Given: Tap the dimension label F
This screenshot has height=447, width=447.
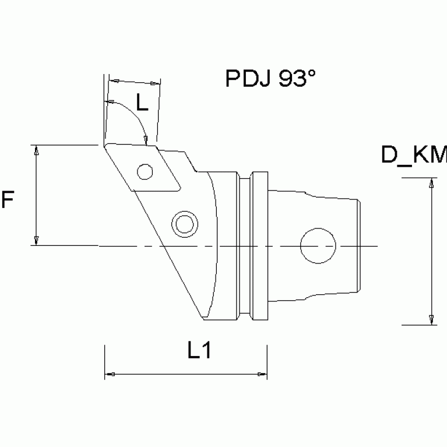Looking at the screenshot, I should (8, 200).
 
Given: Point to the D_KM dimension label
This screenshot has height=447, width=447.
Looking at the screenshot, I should (414, 156).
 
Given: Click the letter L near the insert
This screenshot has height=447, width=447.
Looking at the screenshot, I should (142, 103).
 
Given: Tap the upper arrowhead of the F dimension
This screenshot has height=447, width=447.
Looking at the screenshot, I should (37, 150).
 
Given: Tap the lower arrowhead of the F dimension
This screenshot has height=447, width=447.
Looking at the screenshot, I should (37, 240).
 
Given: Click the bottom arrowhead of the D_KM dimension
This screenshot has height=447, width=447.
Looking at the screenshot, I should (431, 319).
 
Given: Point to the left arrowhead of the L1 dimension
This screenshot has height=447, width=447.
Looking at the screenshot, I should (110, 374).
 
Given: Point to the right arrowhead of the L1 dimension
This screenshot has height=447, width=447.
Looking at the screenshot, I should (262, 374).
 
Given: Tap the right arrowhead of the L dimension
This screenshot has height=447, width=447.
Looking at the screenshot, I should (156, 83).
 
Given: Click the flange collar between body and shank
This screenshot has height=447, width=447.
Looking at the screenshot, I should (252, 245).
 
